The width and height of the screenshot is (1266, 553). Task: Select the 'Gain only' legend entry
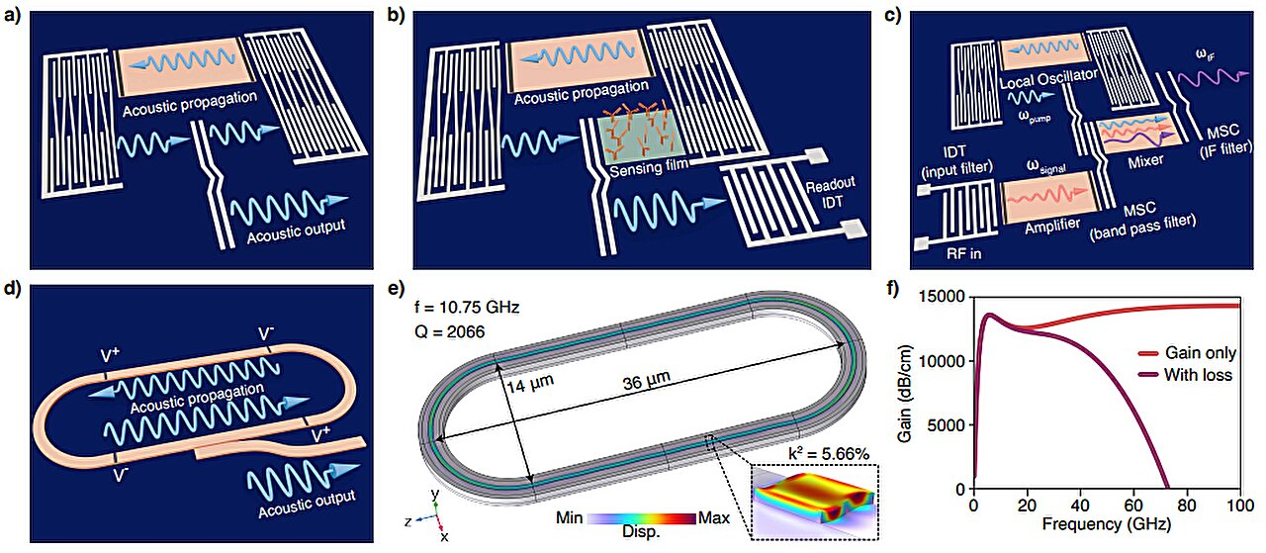1202,353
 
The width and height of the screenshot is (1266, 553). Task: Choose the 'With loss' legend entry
1199,375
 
